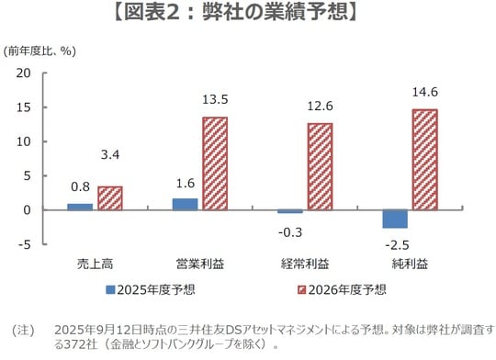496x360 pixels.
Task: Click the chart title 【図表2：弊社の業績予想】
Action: (x=248, y=16)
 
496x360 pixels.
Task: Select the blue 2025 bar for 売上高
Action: (x=80, y=207)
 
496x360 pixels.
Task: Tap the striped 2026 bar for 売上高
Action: (x=110, y=198)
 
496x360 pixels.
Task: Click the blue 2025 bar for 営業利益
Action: (x=185, y=204)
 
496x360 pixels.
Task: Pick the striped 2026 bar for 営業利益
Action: (x=215, y=163)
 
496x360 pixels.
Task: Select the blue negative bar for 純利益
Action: (x=395, y=219)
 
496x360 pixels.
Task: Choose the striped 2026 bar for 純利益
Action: (x=424, y=160)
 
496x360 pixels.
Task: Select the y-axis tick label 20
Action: (x=24, y=73)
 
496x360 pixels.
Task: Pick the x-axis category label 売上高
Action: (x=96, y=264)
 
